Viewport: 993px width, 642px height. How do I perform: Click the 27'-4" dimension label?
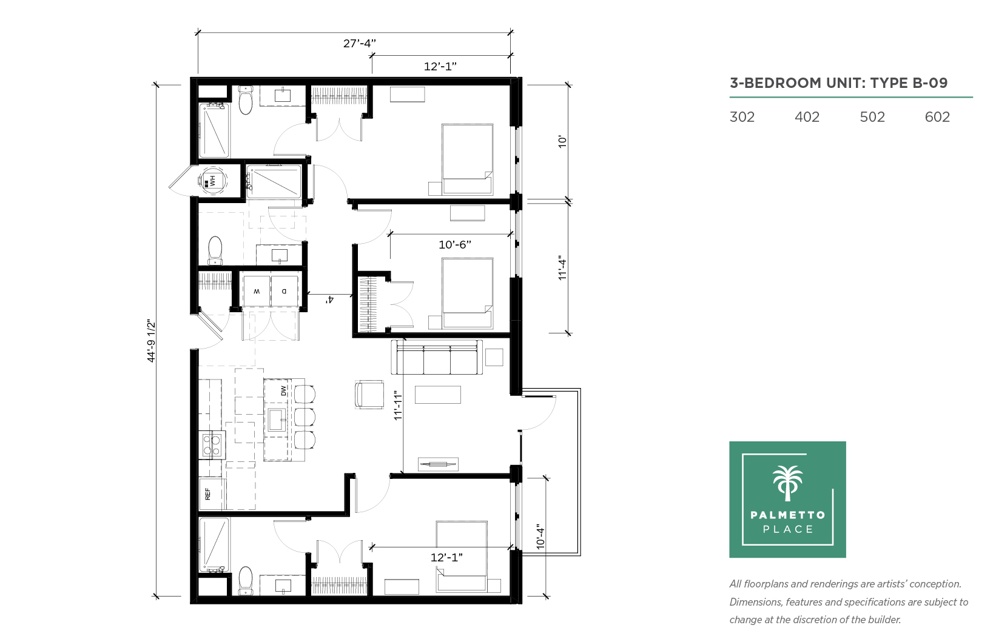[x=360, y=44]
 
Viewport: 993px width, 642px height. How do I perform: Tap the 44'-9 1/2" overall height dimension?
[x=151, y=341]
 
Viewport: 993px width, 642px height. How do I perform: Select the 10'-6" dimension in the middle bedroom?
[x=455, y=244]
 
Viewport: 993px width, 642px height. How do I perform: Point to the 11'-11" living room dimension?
[x=398, y=405]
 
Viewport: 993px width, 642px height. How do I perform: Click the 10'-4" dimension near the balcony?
[x=540, y=537]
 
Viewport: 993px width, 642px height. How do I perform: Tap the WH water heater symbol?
[x=213, y=181]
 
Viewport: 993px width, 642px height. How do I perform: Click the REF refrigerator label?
[x=207, y=494]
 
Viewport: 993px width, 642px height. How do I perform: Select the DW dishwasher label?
[x=283, y=390]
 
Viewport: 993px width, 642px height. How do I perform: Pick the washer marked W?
[x=256, y=291]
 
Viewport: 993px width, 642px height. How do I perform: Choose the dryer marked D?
[x=284, y=291]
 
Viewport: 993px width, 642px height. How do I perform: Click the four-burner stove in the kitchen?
[x=212, y=446]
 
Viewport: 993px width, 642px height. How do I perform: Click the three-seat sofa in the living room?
[x=437, y=357]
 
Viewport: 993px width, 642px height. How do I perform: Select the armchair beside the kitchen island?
[x=369, y=394]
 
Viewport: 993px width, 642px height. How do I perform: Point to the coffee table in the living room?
[x=437, y=394]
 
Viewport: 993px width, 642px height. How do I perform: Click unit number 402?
[x=807, y=117]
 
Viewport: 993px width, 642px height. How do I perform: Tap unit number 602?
[x=937, y=117]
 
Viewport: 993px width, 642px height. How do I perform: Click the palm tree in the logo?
[x=787, y=483]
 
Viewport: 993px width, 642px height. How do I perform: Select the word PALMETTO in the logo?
[x=787, y=515]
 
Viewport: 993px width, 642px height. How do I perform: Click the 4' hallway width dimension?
[x=329, y=300]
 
